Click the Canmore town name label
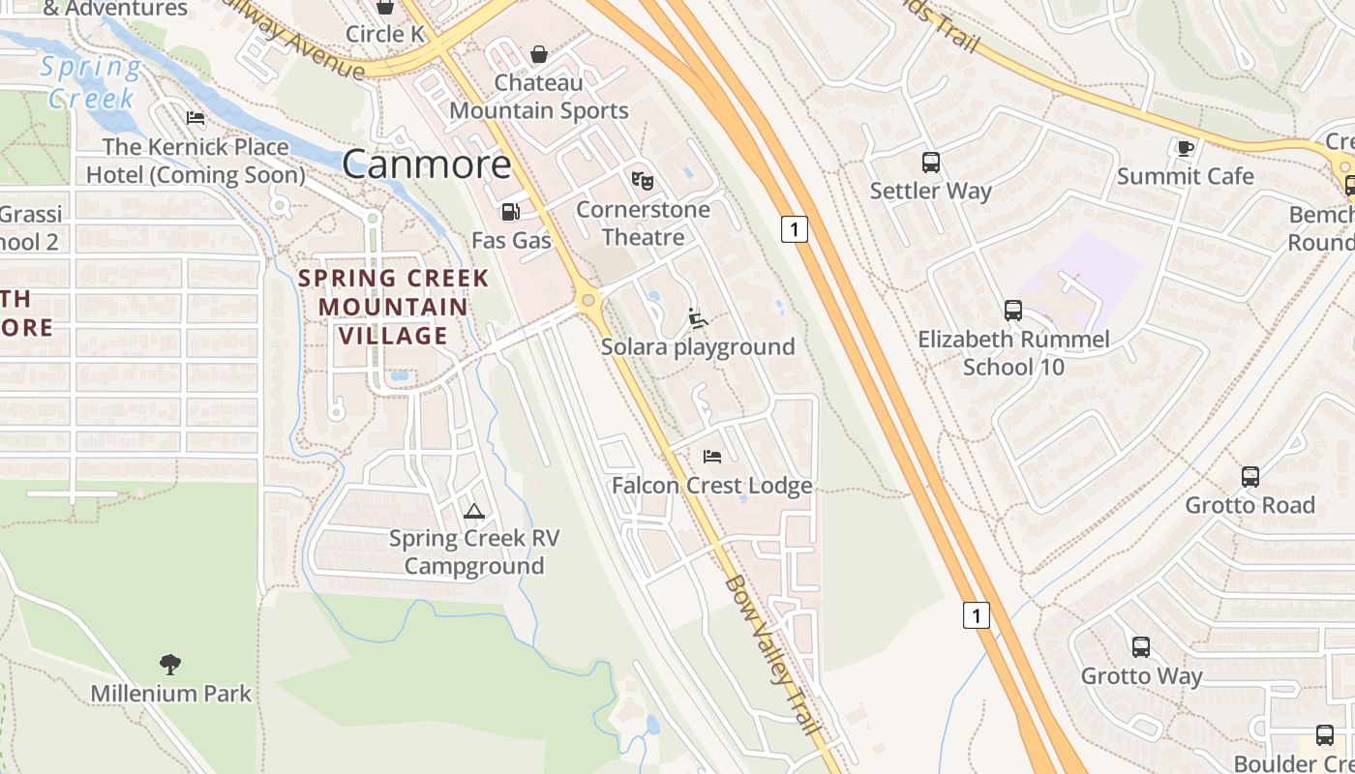pos(426,164)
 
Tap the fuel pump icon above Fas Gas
pos(510,212)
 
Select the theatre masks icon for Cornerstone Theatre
pos(642,180)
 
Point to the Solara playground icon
pos(697,317)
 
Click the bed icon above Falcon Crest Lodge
pos(712,456)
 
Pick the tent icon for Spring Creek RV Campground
pos(473,511)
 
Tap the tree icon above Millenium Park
pos(170,664)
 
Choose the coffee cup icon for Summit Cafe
pos(1185,148)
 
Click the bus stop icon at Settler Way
pos(930,163)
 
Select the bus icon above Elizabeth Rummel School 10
pos(1012,311)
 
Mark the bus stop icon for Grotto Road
pos(1250,477)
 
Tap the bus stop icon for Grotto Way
pos(1141,647)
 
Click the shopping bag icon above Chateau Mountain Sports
pos(538,54)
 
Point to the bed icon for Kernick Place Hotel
pos(196,119)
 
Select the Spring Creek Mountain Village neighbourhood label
pos(393,307)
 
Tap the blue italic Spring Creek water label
pos(91,82)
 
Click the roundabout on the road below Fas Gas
pos(587,301)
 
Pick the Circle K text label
pos(386,34)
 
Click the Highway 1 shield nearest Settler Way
pos(794,229)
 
